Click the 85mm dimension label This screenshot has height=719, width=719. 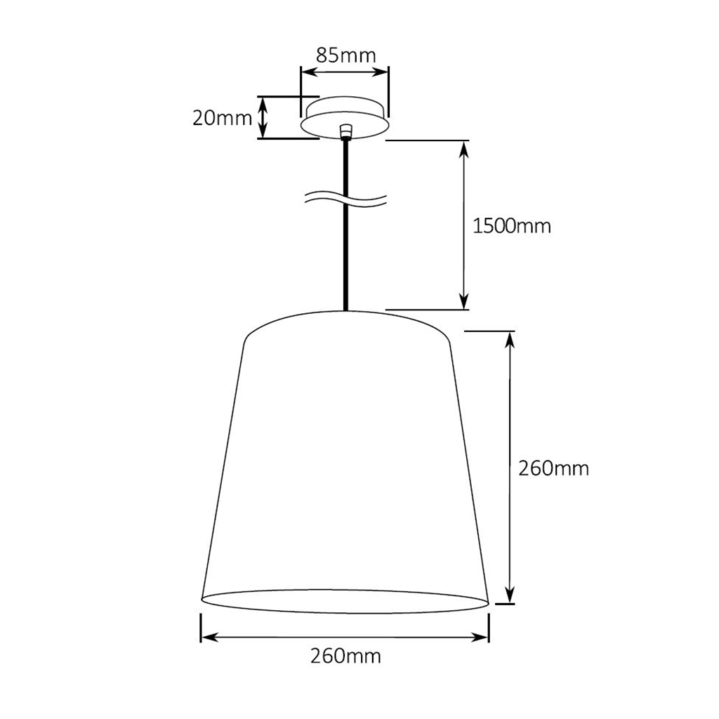coord(345,55)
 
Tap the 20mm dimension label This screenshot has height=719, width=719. coord(222,118)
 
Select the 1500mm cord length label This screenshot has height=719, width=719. coord(512,226)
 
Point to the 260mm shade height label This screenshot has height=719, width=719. coord(553,468)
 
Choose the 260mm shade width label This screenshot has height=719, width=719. coord(345,657)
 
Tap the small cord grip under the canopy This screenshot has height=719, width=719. coord(345,131)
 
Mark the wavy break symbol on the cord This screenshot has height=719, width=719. coord(345,199)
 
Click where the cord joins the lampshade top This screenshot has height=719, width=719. coord(345,310)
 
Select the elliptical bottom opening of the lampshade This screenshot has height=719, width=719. coord(345,602)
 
